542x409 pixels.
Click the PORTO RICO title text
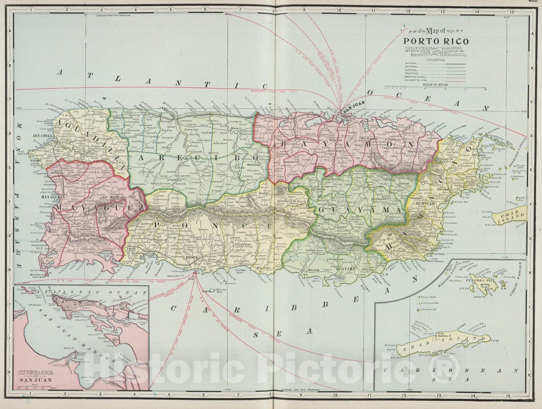pos(436,41)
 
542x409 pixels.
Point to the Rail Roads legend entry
pos(411,63)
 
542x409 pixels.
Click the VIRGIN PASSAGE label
pos(518,276)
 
